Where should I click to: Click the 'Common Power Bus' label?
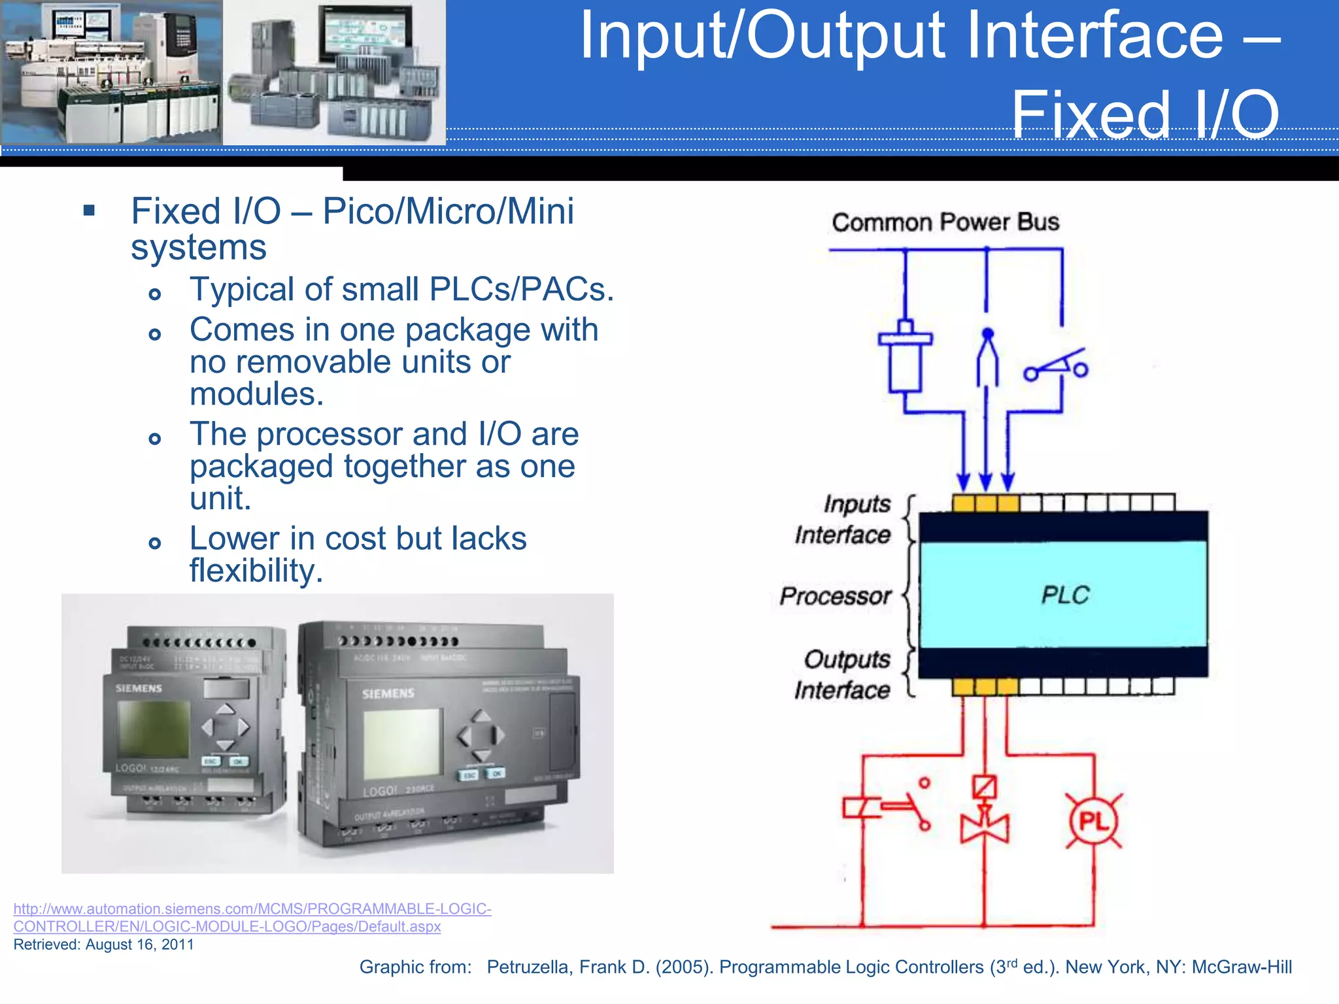click(945, 222)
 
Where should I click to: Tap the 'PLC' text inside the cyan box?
click(1065, 595)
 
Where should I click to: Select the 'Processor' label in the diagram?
click(835, 595)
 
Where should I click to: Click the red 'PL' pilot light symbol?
click(1093, 821)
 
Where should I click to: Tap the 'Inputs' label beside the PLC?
click(856, 504)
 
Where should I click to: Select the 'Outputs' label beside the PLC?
click(847, 659)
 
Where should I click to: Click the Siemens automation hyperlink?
click(252, 917)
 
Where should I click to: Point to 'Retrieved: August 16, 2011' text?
click(103, 945)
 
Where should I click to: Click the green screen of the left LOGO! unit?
click(153, 729)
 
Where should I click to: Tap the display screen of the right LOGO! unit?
click(401, 743)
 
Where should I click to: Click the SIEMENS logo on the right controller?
click(388, 693)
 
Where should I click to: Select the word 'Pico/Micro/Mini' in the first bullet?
click(448, 211)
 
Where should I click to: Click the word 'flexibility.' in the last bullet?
click(256, 571)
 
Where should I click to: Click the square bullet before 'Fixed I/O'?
click(90, 210)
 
